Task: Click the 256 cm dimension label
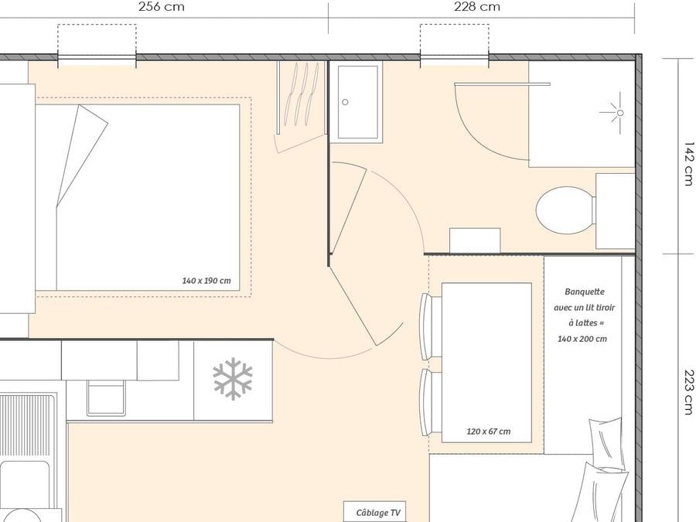pos(161,7)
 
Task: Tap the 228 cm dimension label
pos(477,7)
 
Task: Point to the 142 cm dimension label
pos(688,164)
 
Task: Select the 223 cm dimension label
pos(688,392)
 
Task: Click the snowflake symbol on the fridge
pos(233,379)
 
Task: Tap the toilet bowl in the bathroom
pos(565,210)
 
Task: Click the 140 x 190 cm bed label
pos(206,281)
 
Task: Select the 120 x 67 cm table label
pos(488,431)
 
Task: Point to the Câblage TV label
pos(378,513)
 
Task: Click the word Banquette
pos(585,292)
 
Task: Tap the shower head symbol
pos(616,113)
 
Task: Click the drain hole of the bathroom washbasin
pos(345,102)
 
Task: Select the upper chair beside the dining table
pos(431,326)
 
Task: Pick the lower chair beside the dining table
pos(431,403)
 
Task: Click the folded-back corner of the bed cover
pos(82,155)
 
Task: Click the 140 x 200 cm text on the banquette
pos(582,339)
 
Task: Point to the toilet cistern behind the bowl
pos(616,211)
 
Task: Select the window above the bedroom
pos(97,59)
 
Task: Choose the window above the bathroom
pos(455,59)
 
